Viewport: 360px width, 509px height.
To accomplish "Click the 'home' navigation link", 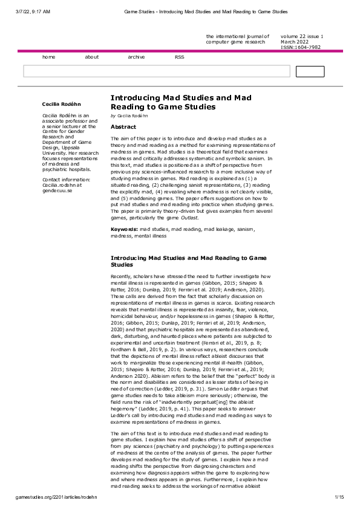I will pyautogui.click(x=48, y=57).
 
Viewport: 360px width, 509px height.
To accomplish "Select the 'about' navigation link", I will pyautogui.click(x=92, y=57).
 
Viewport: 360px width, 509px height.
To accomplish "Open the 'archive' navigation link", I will pyautogui.click(x=136, y=57).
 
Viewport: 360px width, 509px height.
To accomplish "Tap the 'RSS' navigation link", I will pyautogui.click(x=180, y=57).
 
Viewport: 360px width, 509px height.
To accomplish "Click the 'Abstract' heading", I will pyautogui.click(x=123, y=127).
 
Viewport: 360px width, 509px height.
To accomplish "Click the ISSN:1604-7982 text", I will pyautogui.click(x=302, y=47).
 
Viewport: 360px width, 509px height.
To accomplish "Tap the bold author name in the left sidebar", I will pyautogui.click(x=62, y=104).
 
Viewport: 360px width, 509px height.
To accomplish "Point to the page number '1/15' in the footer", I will pyautogui.click(x=339, y=497).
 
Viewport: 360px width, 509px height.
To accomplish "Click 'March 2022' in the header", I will pyautogui.click(x=295, y=42).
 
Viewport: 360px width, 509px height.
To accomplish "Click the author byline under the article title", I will pyautogui.click(x=129, y=115).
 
